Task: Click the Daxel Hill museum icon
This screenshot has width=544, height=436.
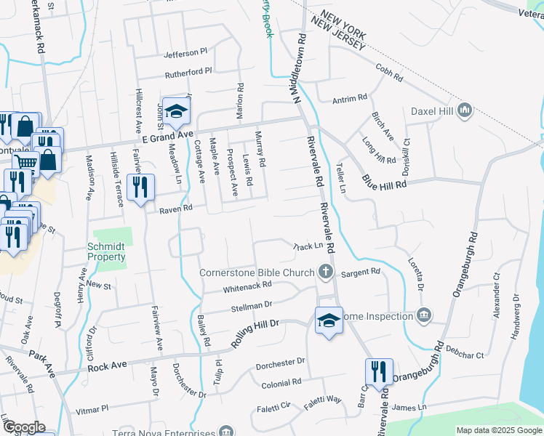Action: tap(465, 111)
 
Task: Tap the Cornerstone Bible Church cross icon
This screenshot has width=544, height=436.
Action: tap(325, 272)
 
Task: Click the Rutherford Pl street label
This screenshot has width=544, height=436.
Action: tap(188, 71)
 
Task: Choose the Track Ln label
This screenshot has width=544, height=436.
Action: tap(308, 246)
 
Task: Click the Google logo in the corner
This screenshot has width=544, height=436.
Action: tap(24, 428)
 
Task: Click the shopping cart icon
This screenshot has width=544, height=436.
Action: tap(27, 163)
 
